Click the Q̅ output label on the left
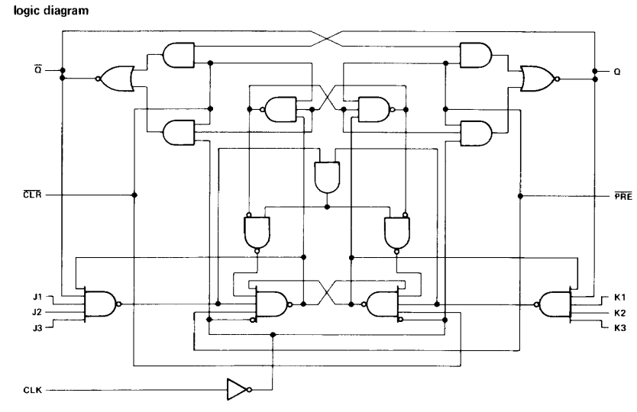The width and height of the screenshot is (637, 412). [x=37, y=70]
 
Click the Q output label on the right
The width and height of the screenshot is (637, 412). [x=617, y=72]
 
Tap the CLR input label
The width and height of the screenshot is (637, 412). [x=32, y=195]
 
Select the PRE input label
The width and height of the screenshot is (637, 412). [x=623, y=196]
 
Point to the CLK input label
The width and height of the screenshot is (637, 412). [x=33, y=390]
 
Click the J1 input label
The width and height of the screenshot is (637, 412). [x=37, y=297]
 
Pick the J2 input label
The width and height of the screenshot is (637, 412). [x=37, y=312]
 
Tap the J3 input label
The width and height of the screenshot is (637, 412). [x=37, y=327]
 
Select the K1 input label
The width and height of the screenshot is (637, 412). [x=620, y=297]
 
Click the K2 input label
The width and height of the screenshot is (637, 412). [x=620, y=313]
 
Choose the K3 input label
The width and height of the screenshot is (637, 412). [x=620, y=328]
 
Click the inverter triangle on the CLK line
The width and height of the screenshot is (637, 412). [x=238, y=390]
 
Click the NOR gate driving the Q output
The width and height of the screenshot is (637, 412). [x=538, y=79]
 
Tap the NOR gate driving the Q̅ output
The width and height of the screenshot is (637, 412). [x=117, y=79]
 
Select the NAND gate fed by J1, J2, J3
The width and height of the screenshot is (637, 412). [x=100, y=304]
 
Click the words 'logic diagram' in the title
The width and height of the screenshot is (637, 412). [x=51, y=11]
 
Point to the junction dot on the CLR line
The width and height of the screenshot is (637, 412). [x=134, y=195]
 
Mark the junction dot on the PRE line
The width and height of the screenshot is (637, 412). [x=520, y=196]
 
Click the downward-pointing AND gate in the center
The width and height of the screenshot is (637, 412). [x=328, y=177]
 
